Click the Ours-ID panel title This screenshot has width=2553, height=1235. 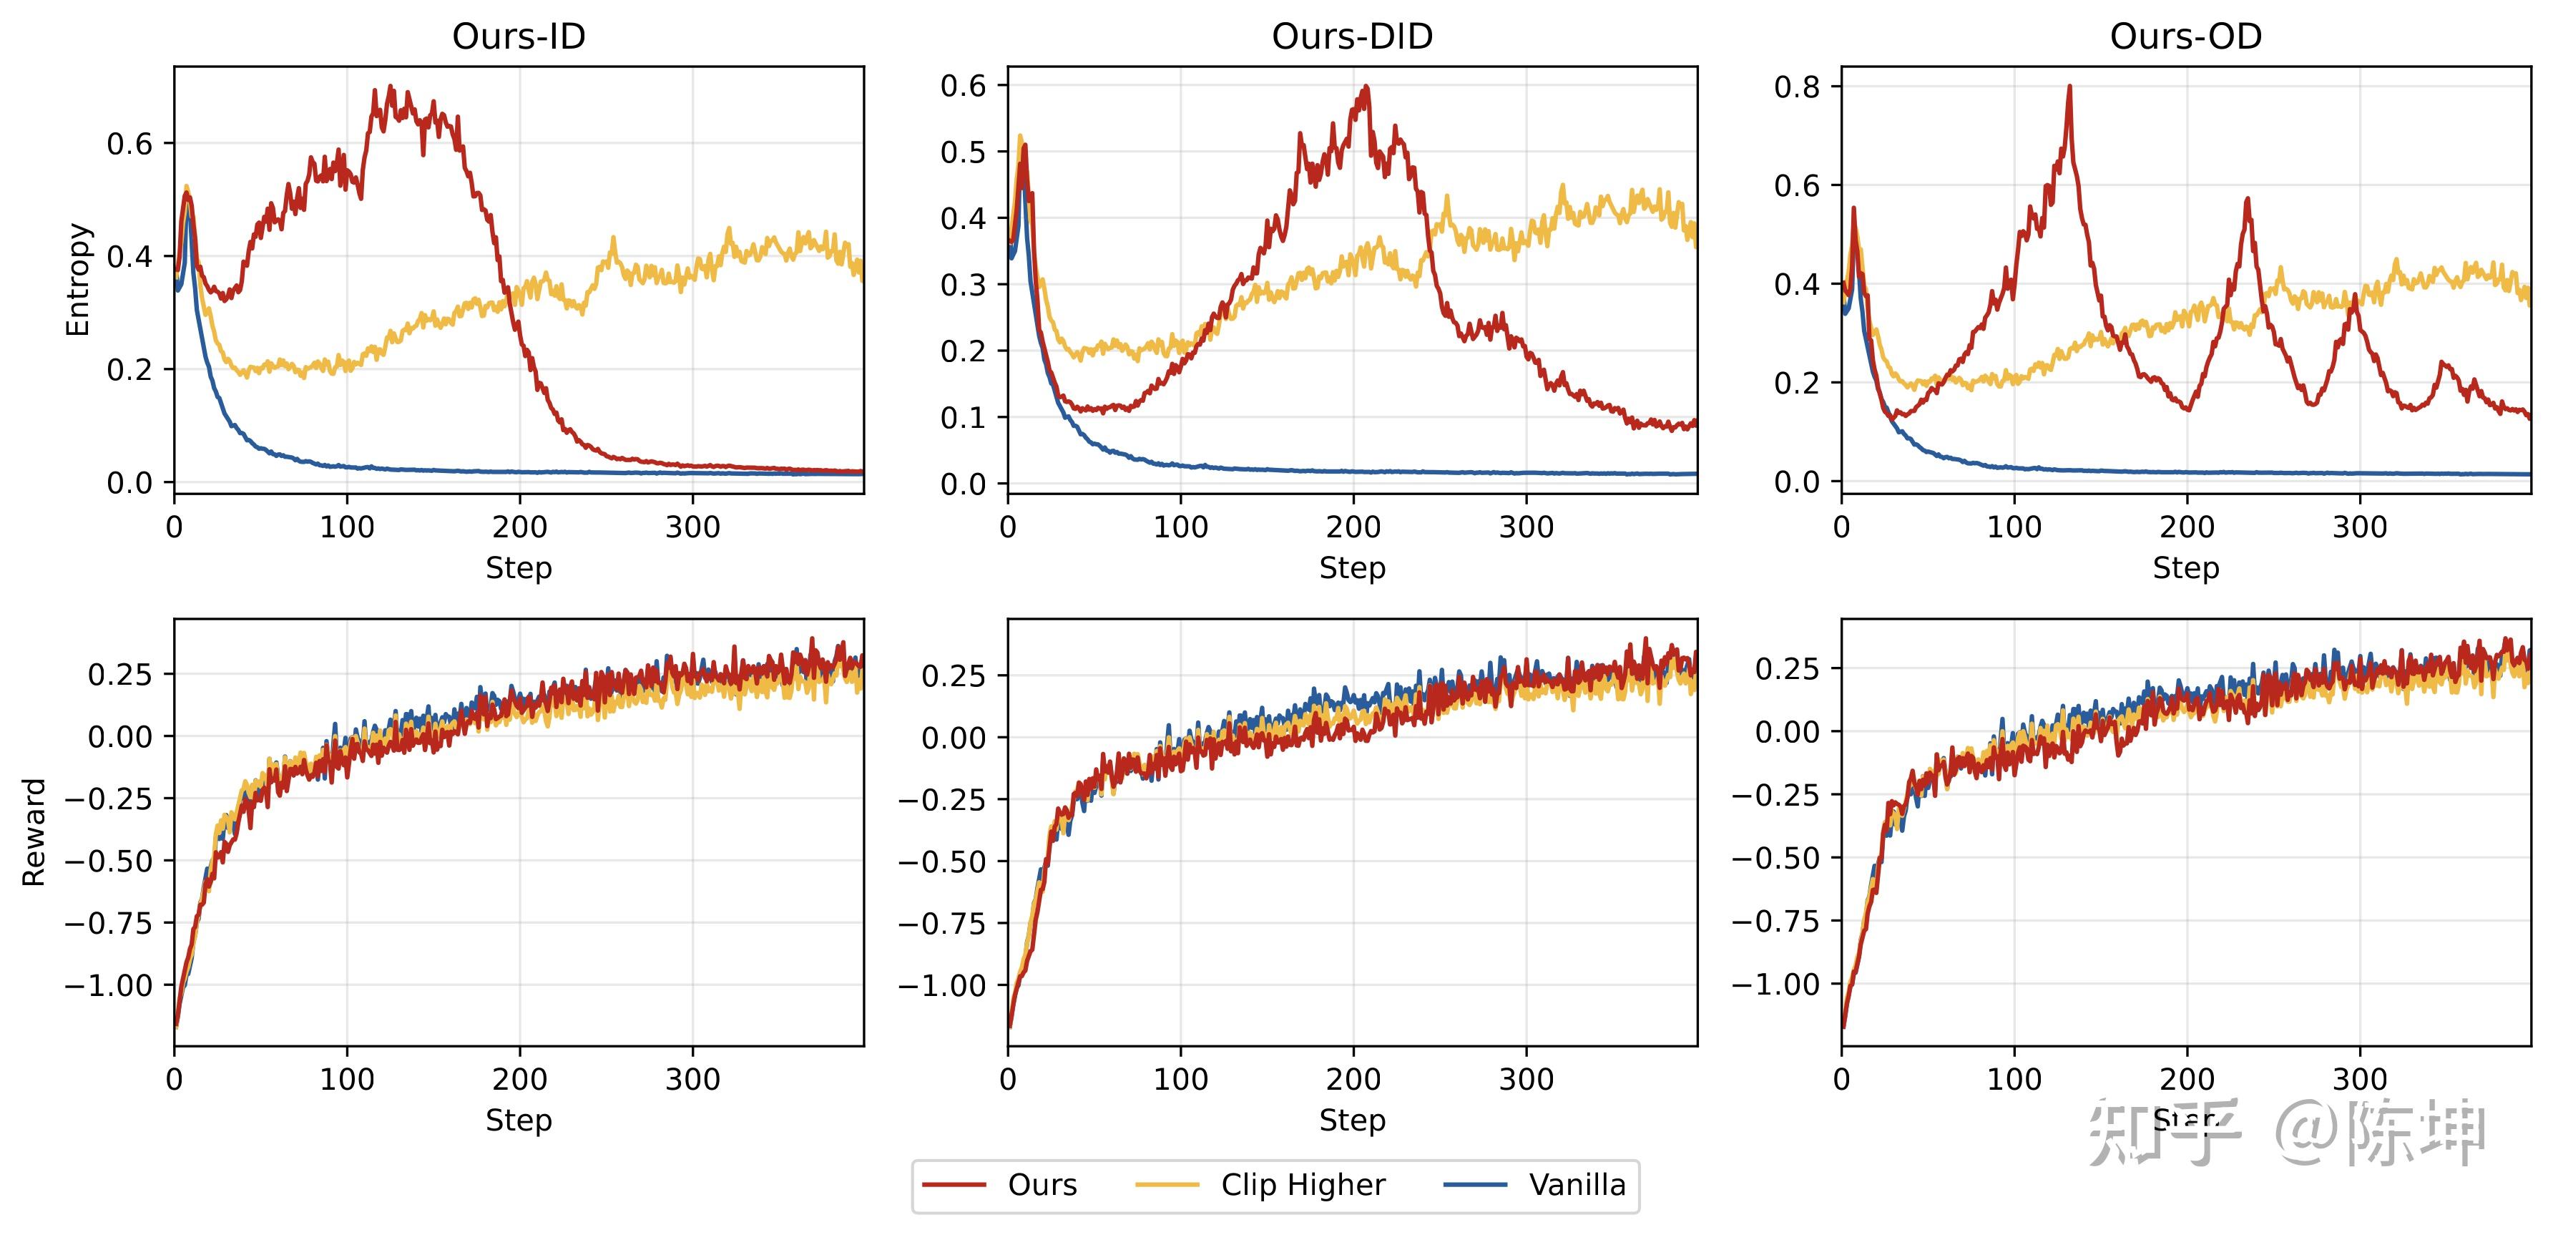pos(519,36)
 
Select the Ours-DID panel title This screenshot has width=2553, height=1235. pos(1352,36)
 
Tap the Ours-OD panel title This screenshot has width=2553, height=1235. pos(2185,36)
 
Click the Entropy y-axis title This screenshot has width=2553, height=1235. pos(78,280)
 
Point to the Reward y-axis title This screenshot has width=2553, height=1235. pos(34,831)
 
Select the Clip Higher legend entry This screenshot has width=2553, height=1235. pos(1260,1186)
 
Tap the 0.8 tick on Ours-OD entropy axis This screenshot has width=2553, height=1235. pos(1797,87)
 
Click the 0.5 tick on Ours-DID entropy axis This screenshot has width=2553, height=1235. pos(964,152)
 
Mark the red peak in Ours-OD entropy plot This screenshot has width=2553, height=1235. pos(2069,87)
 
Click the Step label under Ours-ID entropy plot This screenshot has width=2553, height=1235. pos(519,568)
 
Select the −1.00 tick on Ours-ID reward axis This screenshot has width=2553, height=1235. pos(108,985)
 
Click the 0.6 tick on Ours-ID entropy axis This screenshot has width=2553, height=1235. pos(129,144)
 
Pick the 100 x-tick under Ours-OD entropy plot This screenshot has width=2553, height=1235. pos(2014,527)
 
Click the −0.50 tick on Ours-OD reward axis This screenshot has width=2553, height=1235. pos(1775,857)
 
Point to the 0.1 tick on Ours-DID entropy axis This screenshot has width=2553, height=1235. pos(964,417)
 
